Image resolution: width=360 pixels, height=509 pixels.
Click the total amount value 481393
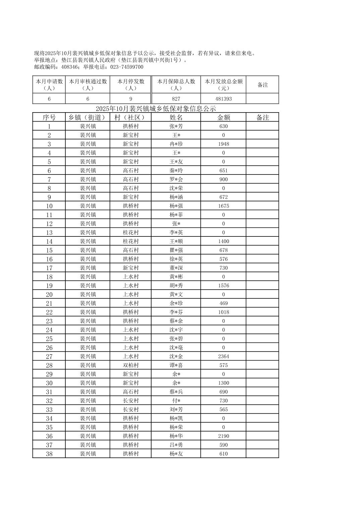(x=223, y=99)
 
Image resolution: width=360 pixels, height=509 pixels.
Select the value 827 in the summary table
(x=176, y=99)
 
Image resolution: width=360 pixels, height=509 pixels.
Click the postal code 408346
(x=70, y=67)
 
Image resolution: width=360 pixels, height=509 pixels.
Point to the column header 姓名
(x=176, y=118)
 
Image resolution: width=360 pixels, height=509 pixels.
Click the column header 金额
(x=223, y=118)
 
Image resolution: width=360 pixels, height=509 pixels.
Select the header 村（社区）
(x=130, y=118)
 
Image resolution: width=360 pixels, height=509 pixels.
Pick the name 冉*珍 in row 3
(x=176, y=144)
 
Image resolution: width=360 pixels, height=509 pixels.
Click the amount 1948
(x=223, y=144)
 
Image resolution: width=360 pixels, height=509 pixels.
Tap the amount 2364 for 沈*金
(x=223, y=357)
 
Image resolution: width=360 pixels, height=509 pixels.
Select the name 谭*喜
(x=176, y=365)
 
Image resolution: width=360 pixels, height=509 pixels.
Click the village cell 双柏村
(x=130, y=365)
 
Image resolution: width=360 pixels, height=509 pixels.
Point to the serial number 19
(x=49, y=286)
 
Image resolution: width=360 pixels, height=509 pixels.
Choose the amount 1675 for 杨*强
(x=223, y=206)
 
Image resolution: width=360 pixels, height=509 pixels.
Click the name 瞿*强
(x=176, y=250)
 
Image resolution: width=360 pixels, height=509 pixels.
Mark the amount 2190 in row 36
(x=223, y=436)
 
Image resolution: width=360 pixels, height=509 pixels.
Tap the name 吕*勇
(x=176, y=445)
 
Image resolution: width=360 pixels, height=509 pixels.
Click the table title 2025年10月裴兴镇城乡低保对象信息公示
(x=156, y=108)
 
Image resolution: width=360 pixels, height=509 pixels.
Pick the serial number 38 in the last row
(x=49, y=454)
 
